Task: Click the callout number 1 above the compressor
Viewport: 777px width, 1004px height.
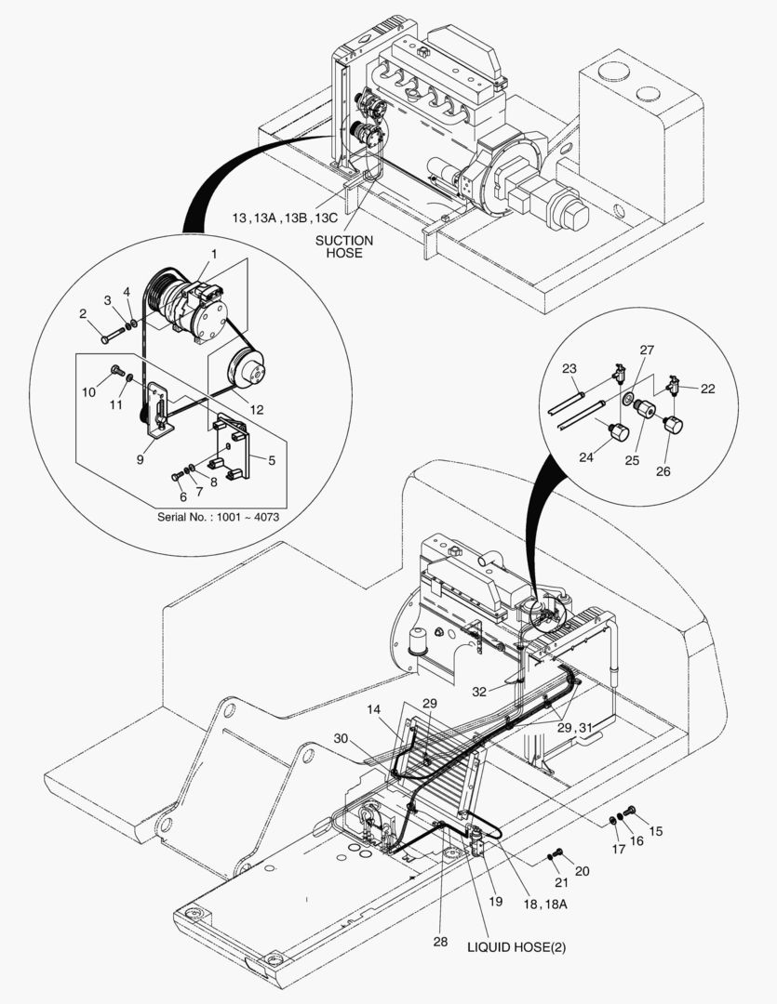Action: (213, 254)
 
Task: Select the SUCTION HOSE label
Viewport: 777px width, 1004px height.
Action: (343, 246)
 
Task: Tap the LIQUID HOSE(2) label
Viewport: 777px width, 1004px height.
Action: (516, 947)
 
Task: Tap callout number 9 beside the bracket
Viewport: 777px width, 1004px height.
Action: (140, 458)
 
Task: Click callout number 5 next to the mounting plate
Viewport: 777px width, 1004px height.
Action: (272, 458)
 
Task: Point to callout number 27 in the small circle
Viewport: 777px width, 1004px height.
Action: (647, 350)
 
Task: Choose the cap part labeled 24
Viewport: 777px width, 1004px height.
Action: (619, 432)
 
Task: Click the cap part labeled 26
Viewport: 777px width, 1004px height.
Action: (673, 426)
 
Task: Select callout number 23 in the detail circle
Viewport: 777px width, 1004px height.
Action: (569, 368)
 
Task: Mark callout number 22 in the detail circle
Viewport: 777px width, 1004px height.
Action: (708, 389)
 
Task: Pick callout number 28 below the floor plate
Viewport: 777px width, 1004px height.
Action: (439, 941)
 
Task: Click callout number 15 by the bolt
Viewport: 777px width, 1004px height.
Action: (656, 830)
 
